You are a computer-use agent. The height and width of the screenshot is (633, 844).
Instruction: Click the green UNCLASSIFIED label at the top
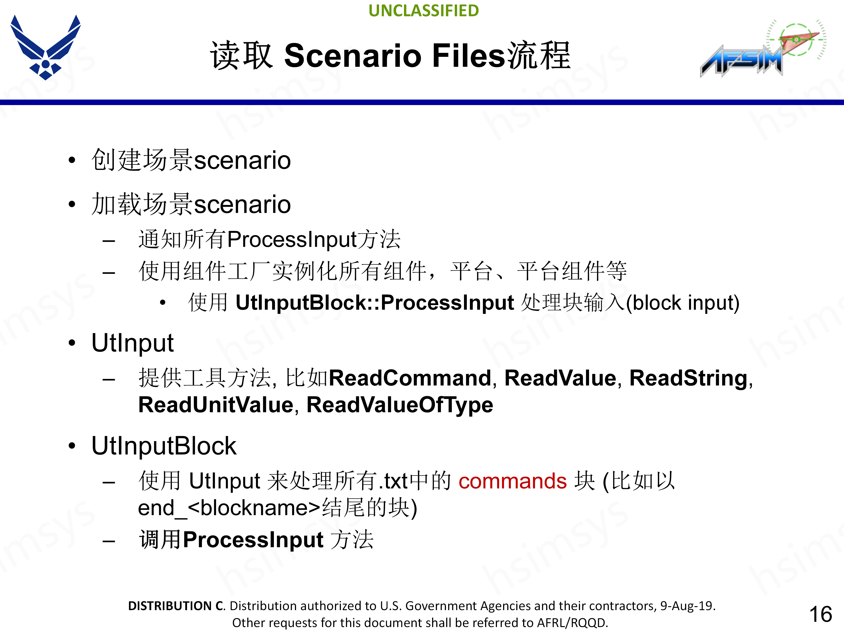tap(424, 11)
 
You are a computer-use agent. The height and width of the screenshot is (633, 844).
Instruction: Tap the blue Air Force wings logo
tap(45, 47)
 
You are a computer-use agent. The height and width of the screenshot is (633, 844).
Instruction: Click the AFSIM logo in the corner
tap(763, 48)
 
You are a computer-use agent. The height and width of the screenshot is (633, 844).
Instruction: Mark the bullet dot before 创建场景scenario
tap(72, 160)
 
